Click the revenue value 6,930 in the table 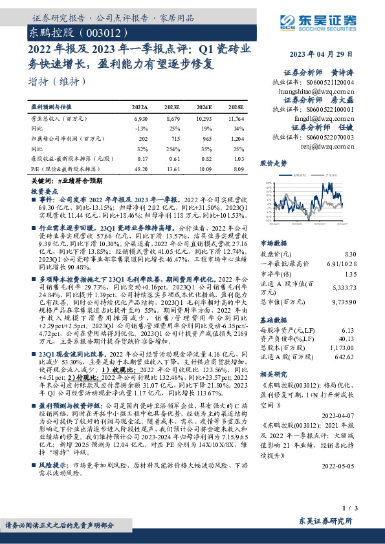[x=141, y=120]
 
